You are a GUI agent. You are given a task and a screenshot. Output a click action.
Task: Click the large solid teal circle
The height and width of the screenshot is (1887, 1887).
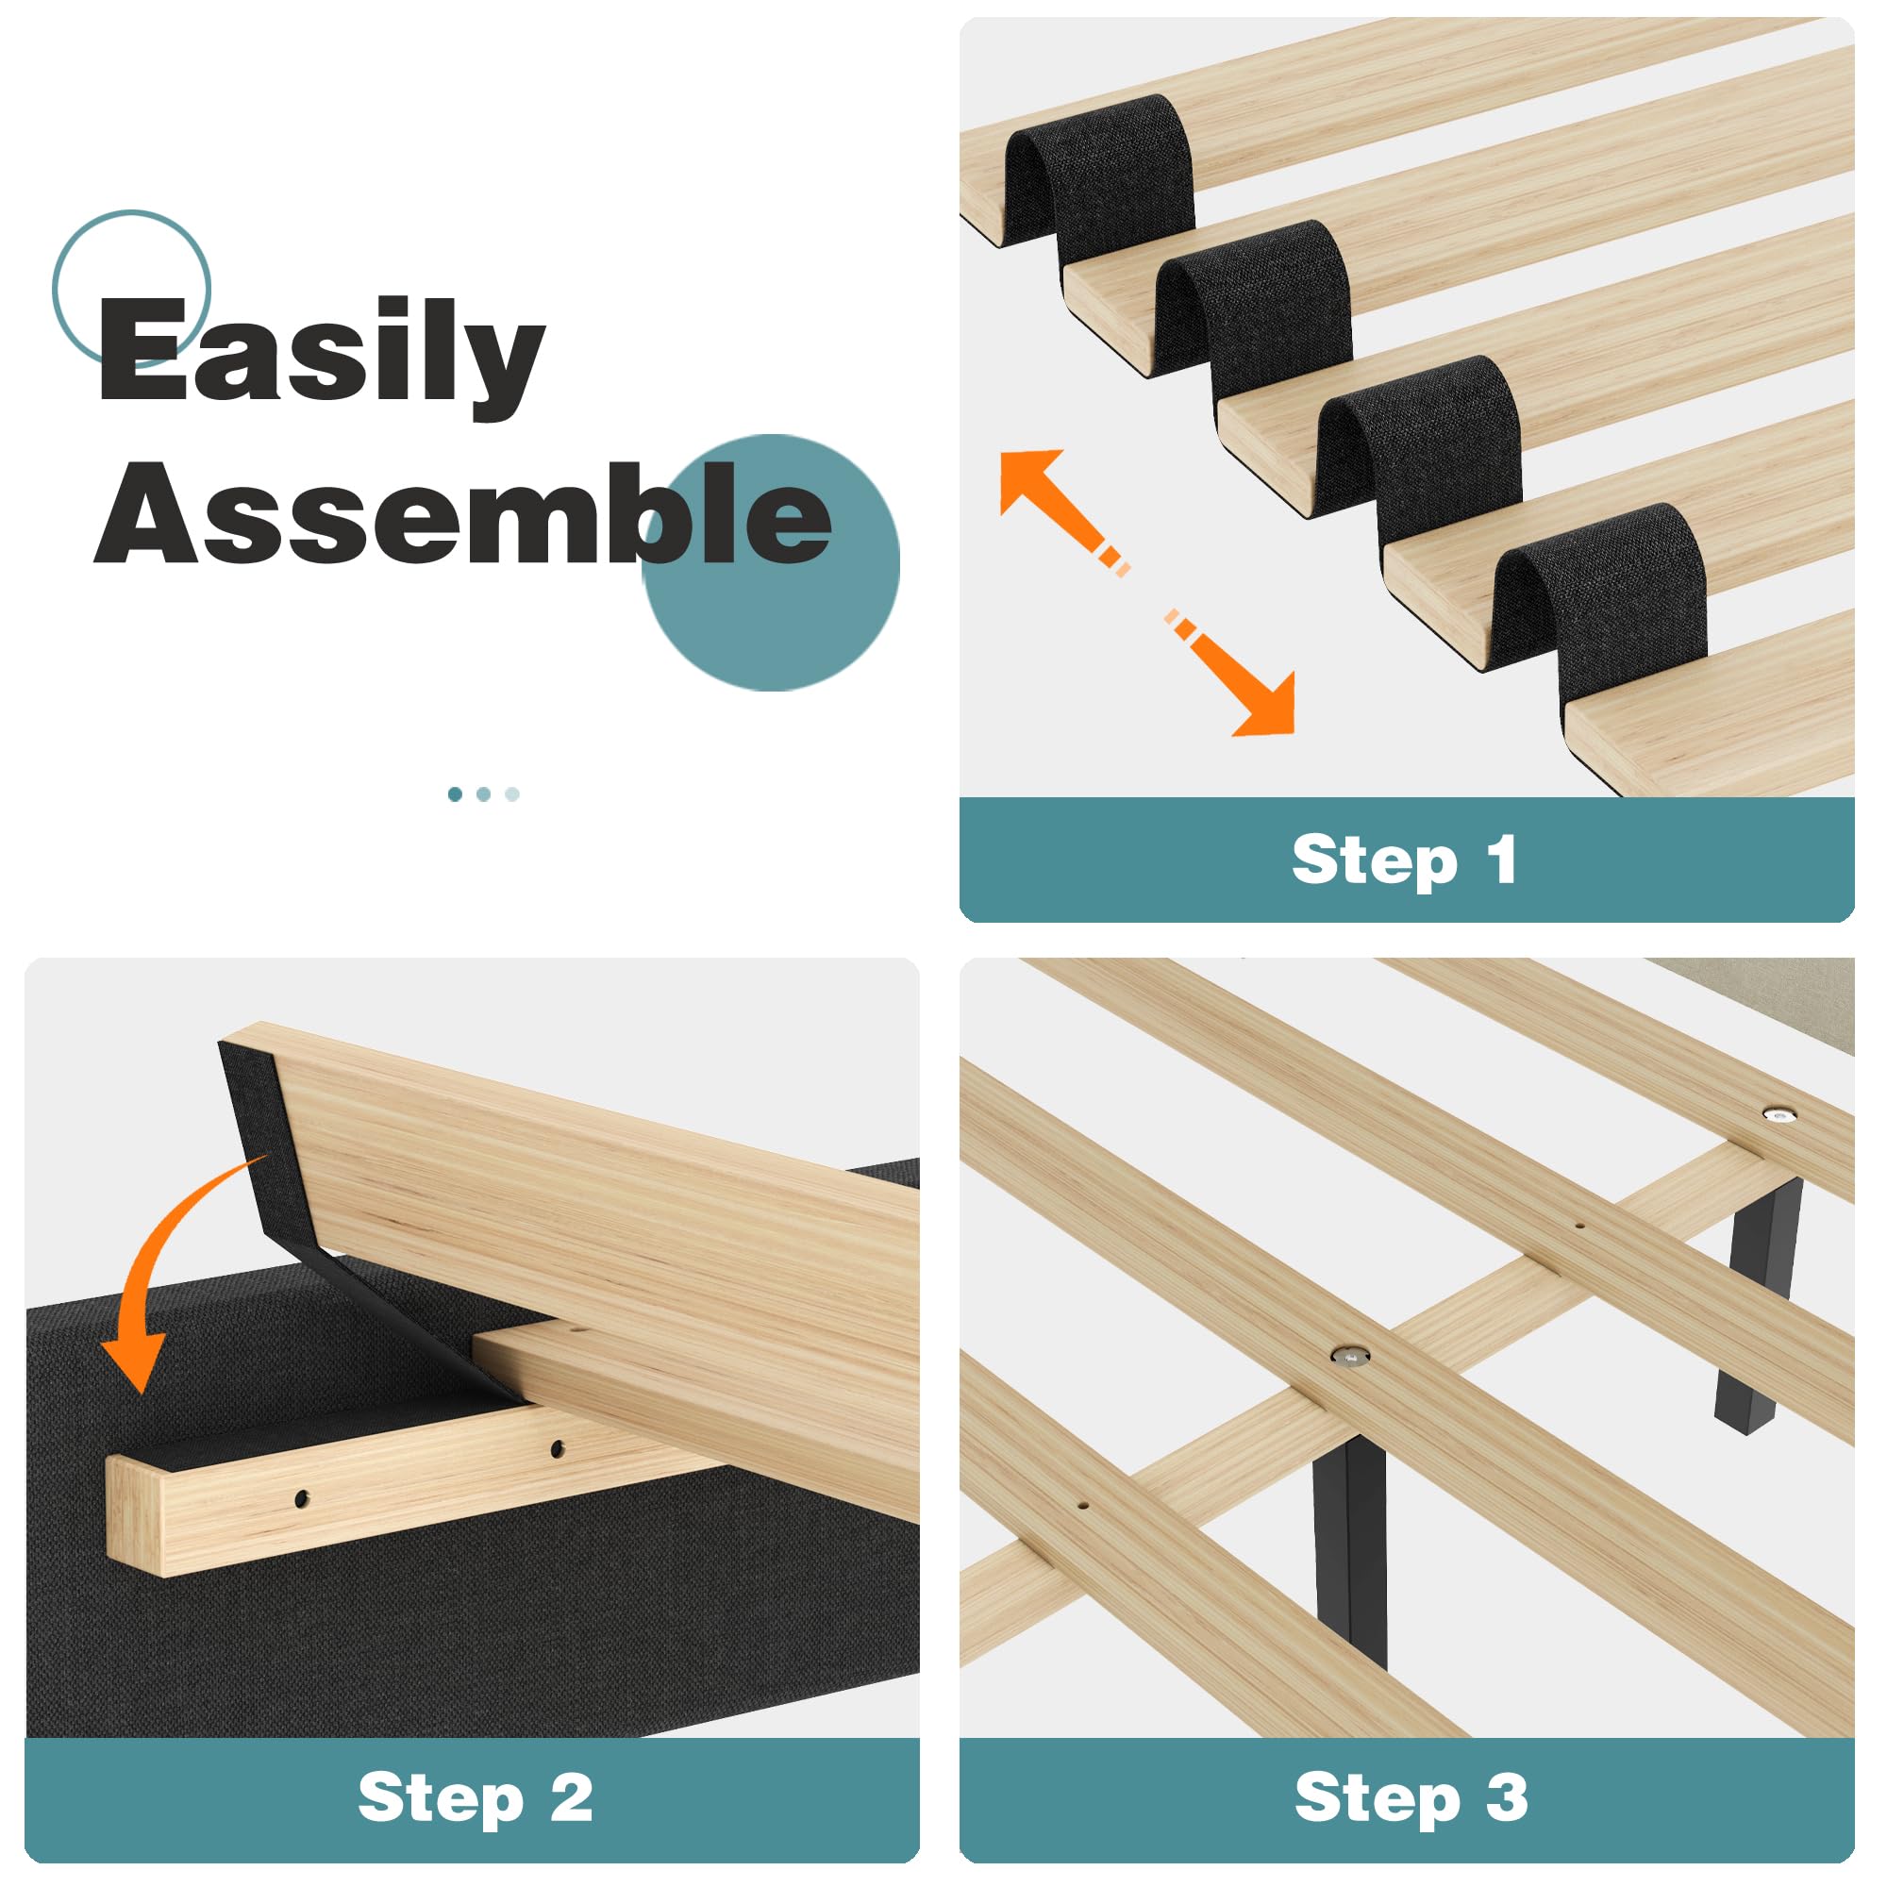(x=771, y=563)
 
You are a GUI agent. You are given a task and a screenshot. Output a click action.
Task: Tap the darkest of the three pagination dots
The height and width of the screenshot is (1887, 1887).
(x=455, y=794)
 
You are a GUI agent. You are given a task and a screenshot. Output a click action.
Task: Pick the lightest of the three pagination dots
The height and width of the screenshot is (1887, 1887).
(x=511, y=794)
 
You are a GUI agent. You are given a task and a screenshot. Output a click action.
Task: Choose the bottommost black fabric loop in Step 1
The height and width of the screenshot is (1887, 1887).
(x=1602, y=595)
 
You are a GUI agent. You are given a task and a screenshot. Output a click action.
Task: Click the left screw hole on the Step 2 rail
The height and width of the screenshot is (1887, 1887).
(x=301, y=1497)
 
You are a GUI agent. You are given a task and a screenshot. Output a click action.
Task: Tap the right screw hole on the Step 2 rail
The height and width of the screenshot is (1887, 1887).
(x=557, y=1448)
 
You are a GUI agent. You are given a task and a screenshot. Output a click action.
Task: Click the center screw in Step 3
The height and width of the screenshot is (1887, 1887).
(x=1351, y=1355)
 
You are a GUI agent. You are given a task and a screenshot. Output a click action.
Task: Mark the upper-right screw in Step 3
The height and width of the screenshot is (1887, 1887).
(x=1778, y=1112)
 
